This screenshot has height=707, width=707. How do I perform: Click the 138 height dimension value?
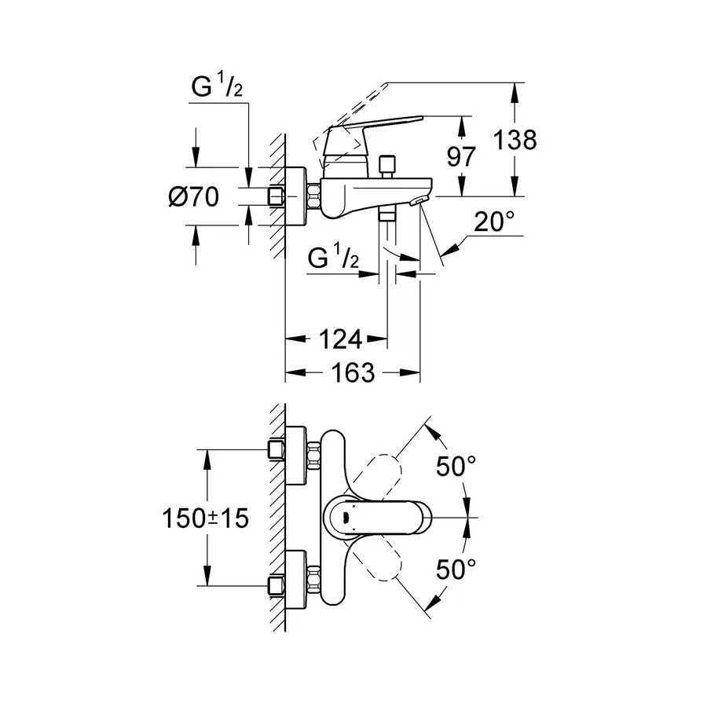515,141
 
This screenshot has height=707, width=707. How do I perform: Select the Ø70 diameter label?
193,197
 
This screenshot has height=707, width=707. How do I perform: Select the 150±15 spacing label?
204,518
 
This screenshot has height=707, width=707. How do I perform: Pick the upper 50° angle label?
456,467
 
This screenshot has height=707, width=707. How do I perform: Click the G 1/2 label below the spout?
333,258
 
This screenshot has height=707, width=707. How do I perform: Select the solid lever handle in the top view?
385,518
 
